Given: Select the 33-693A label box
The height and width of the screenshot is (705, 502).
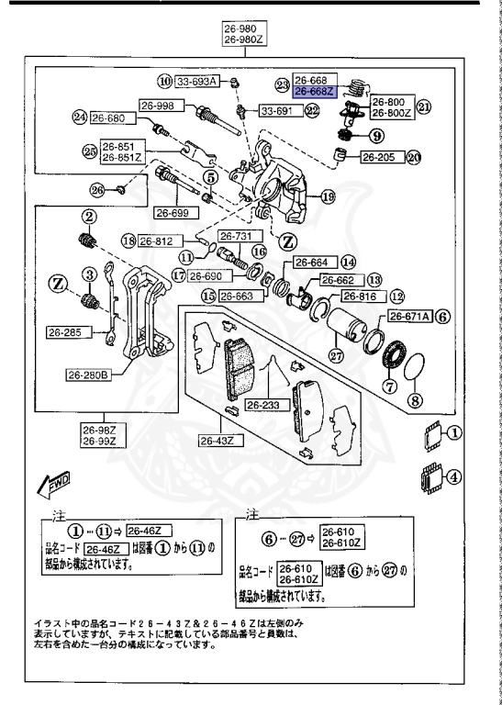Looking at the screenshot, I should pos(196,82).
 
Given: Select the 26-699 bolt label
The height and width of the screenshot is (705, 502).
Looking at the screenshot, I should pos(173,213).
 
